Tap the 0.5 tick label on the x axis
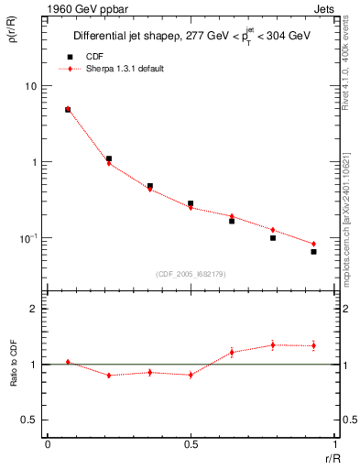[191, 443]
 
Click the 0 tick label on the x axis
[48, 443]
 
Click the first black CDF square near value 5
[68, 110]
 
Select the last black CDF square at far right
[313, 252]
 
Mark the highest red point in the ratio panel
[272, 344]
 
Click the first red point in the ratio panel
[68, 362]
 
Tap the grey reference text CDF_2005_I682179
[191, 273]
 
